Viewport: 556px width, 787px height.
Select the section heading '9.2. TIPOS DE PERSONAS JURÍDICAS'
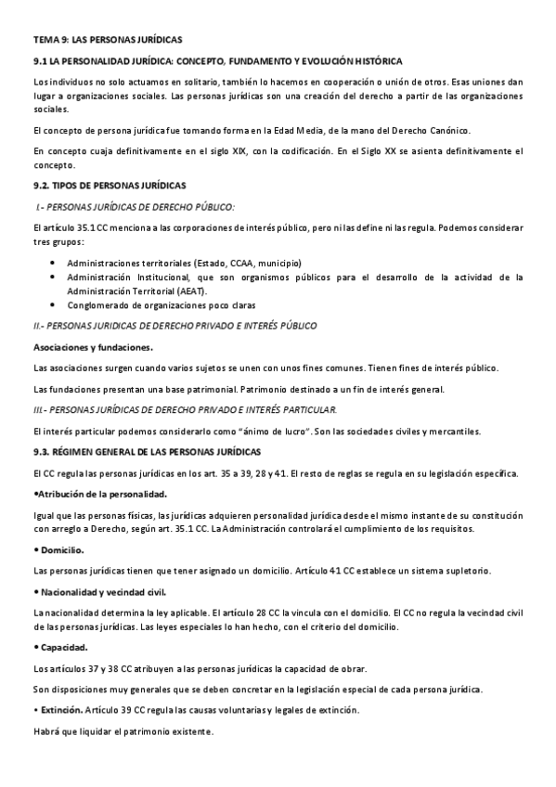coord(110,186)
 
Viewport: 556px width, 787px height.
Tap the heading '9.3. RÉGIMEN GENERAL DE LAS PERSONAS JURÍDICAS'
coord(147,451)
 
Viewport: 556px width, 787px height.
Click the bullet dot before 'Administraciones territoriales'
coord(50,263)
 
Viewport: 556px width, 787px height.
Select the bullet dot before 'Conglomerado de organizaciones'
coord(50,305)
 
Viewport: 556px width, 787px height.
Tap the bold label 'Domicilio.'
coord(61,550)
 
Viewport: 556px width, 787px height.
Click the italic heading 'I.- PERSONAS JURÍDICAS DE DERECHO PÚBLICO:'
coord(135,207)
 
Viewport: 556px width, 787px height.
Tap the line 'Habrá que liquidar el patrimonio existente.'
coord(123,731)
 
